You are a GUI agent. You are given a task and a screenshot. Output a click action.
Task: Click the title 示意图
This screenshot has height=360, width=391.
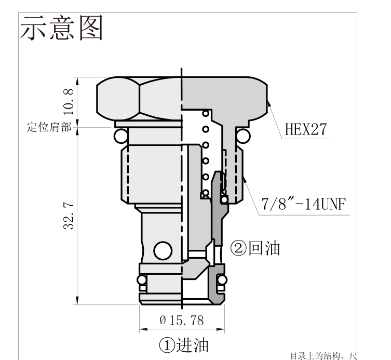click(x=61, y=28)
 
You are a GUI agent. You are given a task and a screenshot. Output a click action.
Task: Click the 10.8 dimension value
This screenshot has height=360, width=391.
click(x=69, y=101)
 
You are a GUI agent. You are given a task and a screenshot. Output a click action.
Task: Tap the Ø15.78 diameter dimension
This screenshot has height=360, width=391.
click(x=182, y=321)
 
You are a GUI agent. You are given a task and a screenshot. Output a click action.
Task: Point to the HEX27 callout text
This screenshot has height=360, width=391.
click(x=306, y=129)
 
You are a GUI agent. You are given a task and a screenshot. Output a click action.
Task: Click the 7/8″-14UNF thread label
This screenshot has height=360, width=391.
click(x=303, y=204)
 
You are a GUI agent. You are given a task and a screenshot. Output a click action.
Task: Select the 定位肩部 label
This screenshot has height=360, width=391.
click(x=49, y=127)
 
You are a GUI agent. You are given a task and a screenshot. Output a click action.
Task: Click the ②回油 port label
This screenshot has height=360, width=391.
click(x=255, y=248)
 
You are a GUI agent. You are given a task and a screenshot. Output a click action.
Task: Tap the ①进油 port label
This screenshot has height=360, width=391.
click(x=183, y=345)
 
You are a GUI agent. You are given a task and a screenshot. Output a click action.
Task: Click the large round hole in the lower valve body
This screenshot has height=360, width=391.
click(x=163, y=251)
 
